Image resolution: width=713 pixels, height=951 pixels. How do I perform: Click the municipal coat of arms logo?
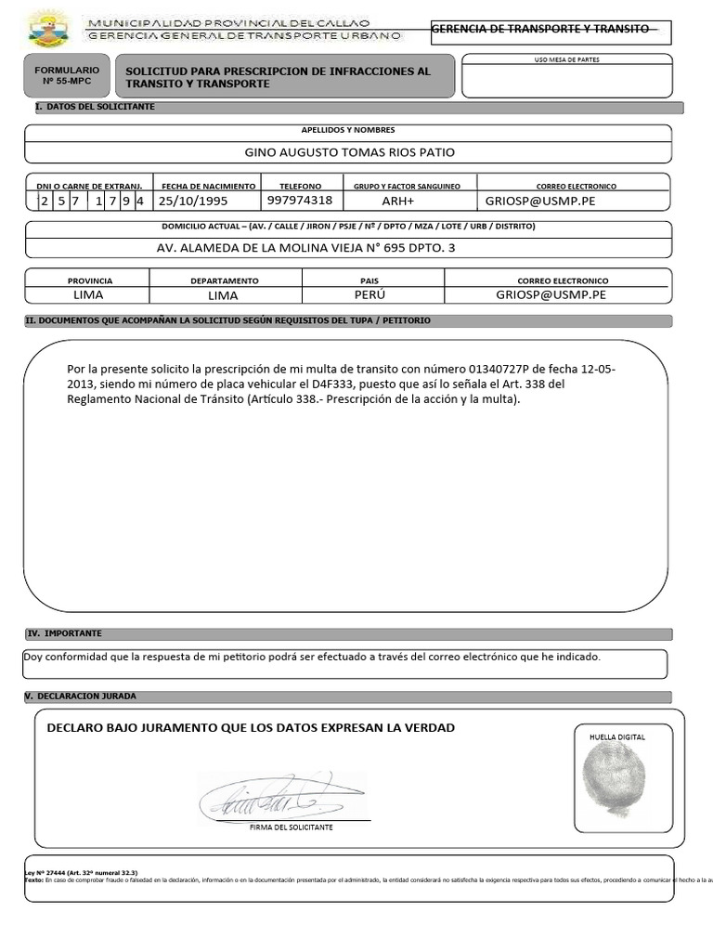[x=48, y=29]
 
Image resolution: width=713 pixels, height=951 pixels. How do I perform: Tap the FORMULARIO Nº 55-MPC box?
[x=66, y=75]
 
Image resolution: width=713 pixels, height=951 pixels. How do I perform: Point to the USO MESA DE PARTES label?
[x=567, y=59]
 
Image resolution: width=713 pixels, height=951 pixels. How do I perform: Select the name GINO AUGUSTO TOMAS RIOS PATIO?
[x=349, y=152]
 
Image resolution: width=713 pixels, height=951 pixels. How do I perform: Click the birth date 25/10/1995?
[x=193, y=201]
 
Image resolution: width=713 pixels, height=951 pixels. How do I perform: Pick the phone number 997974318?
[x=299, y=201]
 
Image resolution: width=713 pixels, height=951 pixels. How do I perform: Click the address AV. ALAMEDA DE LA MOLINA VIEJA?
[x=306, y=248]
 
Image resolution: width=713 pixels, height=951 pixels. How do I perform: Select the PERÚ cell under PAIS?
[x=369, y=294]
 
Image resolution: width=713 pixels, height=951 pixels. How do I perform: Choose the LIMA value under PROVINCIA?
[x=88, y=294]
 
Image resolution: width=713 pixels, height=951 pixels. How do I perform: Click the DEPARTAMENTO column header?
[x=225, y=280]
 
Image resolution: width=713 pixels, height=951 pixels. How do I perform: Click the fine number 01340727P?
[x=504, y=369]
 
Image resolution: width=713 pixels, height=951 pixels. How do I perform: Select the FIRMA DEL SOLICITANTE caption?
[x=292, y=827]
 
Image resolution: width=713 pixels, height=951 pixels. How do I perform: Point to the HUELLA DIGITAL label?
[x=616, y=736]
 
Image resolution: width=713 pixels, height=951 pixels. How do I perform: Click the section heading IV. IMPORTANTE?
[x=65, y=633]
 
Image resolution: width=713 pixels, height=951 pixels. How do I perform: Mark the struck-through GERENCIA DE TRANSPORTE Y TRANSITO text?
[x=541, y=29]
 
